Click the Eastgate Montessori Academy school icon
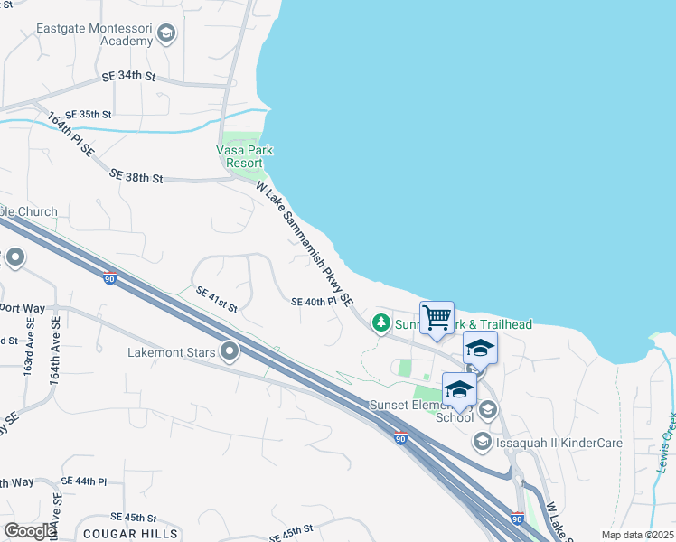pyautogui.click(x=165, y=35)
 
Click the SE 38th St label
pyautogui.click(x=136, y=178)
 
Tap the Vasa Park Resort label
pyautogui.click(x=245, y=156)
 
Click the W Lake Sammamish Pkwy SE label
pyautogui.click(x=304, y=245)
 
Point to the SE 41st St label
pyautogui.click(x=217, y=300)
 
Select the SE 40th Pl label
pyautogui.click(x=314, y=302)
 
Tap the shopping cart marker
pyautogui.click(x=437, y=318)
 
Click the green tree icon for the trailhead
pyautogui.click(x=382, y=322)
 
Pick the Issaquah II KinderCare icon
pyautogui.click(x=482, y=441)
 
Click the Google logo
pyautogui.click(x=29, y=530)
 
